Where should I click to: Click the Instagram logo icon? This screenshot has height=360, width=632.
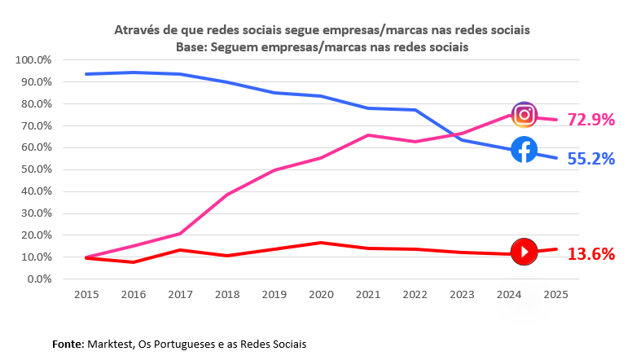524,115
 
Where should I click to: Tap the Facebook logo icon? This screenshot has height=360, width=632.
524,150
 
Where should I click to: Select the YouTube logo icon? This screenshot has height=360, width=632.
524,252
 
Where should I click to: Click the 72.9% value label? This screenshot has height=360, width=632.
590,120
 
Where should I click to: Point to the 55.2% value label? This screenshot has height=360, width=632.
590,159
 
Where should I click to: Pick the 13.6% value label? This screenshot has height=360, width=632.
590,254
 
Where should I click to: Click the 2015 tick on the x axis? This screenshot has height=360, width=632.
86,293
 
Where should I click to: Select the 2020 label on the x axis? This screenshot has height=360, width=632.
320,293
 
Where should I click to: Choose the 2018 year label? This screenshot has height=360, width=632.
226,293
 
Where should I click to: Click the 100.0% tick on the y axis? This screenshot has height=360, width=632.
34,60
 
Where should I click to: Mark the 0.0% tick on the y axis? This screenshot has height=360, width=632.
39,279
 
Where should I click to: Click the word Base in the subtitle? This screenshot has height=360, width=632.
191,47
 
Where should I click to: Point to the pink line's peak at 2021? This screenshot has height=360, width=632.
368,135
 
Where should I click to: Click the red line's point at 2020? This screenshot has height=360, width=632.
321,243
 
